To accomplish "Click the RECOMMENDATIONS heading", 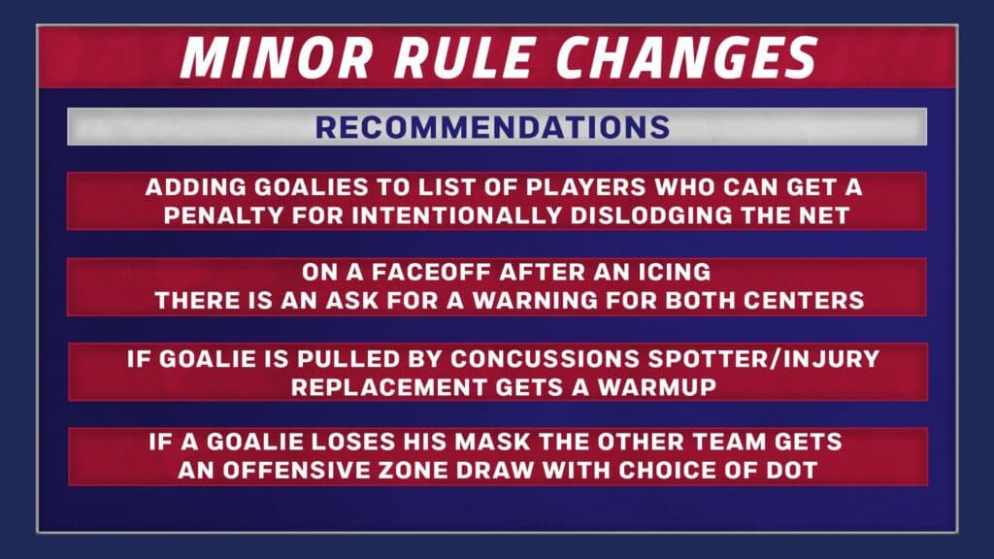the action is click(x=492, y=127).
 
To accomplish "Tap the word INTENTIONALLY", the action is click(x=456, y=215).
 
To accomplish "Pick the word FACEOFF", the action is click(x=431, y=273).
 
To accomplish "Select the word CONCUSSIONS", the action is click(x=546, y=359).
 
